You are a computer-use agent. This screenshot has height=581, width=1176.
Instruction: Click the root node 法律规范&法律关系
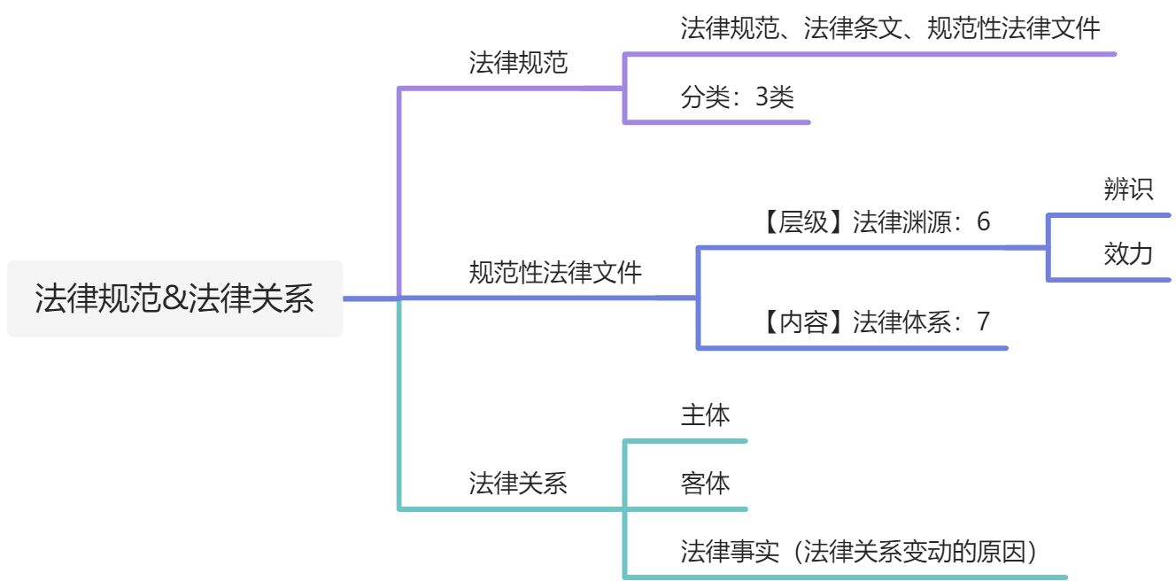[174, 298]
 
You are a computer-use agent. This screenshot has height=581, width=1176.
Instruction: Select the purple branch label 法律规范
[518, 63]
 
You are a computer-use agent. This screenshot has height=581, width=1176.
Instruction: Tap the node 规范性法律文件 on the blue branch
[555, 272]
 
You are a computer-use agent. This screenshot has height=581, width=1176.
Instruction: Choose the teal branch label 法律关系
[518, 483]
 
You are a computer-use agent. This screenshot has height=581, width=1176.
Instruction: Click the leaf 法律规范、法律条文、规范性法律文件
[890, 29]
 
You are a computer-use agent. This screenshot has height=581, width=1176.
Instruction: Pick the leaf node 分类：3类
[738, 97]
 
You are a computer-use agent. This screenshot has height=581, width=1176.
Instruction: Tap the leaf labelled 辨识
[1128, 190]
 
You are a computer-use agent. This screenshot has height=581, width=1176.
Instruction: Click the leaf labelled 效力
[1128, 254]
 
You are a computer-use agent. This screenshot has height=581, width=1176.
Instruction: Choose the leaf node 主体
[706, 415]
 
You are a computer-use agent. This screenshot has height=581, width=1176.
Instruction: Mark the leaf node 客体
[706, 484]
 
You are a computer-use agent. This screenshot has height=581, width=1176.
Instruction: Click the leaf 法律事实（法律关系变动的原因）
[859, 552]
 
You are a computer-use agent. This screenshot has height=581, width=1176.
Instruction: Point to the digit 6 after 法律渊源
[983, 222]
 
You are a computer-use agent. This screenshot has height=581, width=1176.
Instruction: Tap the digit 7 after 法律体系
[983, 321]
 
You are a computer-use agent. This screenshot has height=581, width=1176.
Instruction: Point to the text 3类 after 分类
[774, 97]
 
